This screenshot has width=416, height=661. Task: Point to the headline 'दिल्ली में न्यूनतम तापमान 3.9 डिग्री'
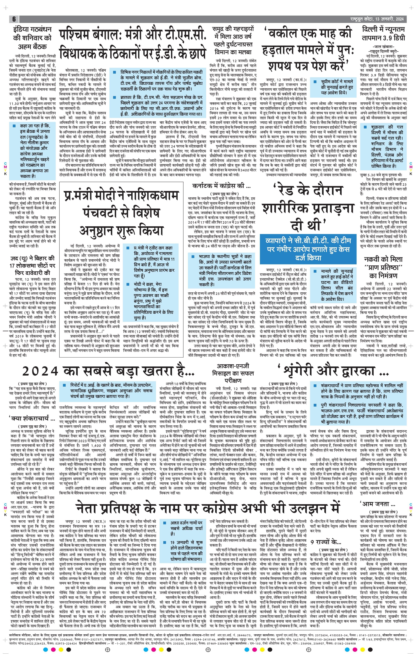pos(383,33)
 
